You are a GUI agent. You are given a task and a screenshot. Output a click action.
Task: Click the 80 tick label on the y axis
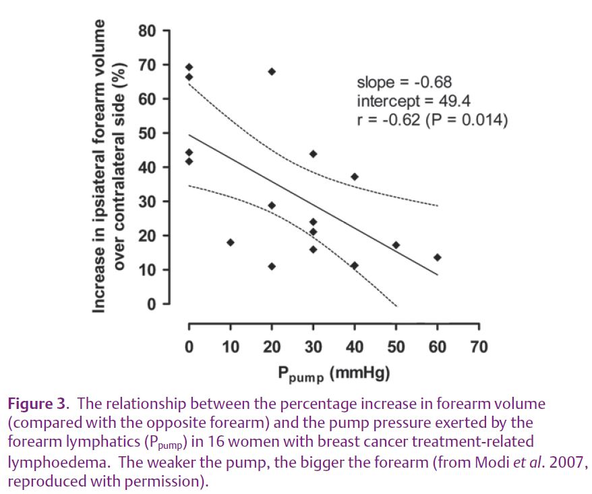coord(148,31)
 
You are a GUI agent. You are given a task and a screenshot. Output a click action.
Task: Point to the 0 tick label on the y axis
coord(152,304)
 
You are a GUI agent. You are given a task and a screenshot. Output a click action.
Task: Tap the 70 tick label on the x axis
coord(479,348)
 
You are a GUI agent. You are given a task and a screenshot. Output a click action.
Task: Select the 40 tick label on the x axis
coord(355,348)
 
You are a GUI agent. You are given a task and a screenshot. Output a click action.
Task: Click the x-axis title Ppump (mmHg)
coord(333,373)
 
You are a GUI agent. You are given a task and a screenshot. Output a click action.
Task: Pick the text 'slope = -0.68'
coord(404,83)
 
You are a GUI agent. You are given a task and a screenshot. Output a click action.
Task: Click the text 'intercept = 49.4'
coord(413,102)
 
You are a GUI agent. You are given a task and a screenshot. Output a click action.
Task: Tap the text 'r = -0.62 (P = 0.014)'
coord(432,120)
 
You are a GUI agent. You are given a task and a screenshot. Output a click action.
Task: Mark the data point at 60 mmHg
coord(438,257)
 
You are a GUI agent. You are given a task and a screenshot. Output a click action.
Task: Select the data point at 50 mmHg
coord(396,245)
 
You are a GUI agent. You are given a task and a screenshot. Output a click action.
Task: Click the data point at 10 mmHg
coord(230,242)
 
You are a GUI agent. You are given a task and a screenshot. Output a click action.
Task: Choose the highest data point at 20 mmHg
coord(272,72)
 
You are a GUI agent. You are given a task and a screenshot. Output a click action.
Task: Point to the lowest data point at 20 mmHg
coord(272,266)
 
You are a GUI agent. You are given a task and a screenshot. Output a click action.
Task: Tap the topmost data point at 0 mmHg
coord(189,67)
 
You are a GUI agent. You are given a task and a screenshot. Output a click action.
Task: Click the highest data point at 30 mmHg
coord(313,154)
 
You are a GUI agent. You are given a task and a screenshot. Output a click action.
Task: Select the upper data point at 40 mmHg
coord(355,177)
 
